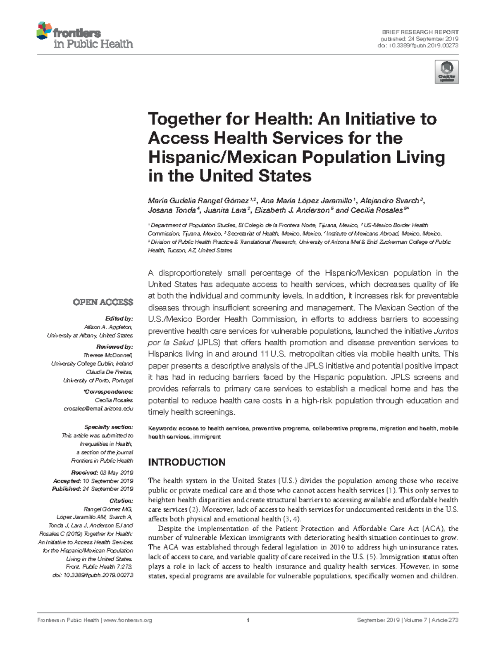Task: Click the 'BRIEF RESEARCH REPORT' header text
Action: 420,32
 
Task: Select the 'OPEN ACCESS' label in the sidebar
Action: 103,302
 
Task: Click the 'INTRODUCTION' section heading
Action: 186,462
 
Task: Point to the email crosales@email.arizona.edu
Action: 98,409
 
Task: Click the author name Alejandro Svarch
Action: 389,201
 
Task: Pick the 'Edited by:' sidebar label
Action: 119,319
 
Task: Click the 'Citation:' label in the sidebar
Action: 122,501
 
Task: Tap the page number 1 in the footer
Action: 248,620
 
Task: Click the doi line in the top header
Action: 418,45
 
